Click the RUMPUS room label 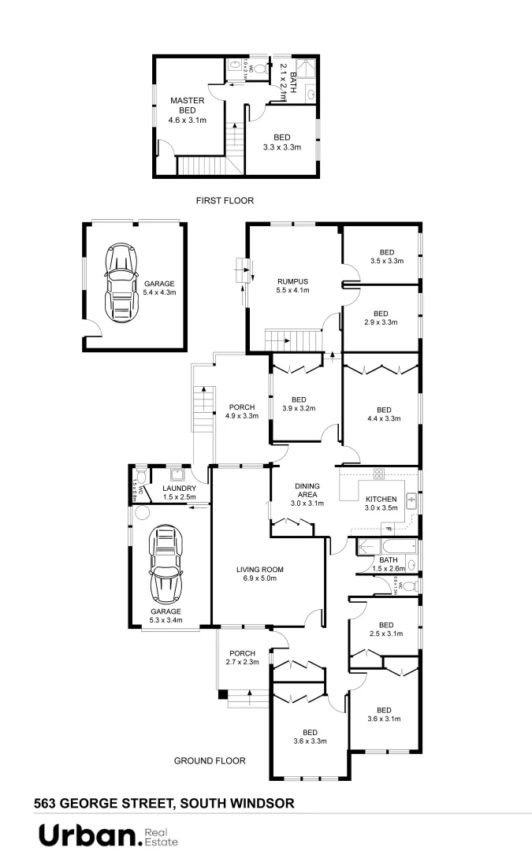(292, 281)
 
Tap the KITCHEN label (381, 499)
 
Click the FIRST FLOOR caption (225, 201)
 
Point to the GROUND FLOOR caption (210, 761)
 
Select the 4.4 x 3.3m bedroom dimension (384, 419)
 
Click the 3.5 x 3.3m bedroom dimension (386, 261)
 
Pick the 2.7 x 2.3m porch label (242, 663)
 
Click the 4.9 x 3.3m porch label (242, 416)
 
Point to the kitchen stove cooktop (378, 474)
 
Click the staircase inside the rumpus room (293, 340)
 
